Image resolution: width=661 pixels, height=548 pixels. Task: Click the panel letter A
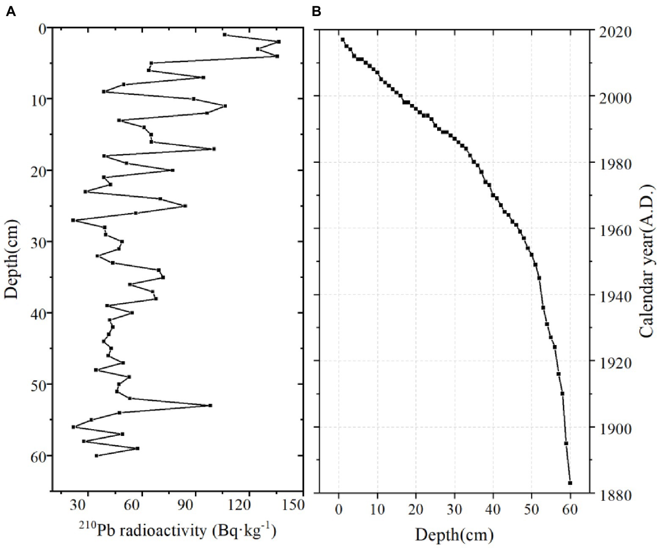coord(11,11)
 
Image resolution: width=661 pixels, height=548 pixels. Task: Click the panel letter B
coord(316,11)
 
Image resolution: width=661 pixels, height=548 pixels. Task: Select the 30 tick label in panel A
coord(88,505)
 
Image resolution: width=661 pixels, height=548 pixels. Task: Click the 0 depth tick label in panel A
coord(42,28)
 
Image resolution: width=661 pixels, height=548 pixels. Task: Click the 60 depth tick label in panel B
coord(570,509)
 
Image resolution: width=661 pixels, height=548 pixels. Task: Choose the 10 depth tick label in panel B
coord(377,509)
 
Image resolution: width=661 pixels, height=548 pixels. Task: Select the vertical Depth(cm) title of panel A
coord(13,259)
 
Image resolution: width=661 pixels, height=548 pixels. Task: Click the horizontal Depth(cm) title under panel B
coord(454,535)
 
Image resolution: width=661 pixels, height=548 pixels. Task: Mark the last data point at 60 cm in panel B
coord(570,483)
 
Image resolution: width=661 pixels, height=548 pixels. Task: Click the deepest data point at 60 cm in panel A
coord(96,455)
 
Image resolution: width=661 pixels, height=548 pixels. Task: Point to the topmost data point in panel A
coord(225,35)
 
